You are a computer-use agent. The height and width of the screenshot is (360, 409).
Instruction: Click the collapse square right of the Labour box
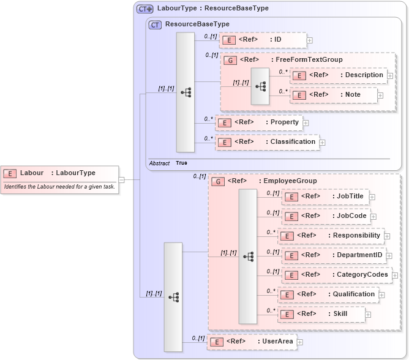click(x=121, y=180)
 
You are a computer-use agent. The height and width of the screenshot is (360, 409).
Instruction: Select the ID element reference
click(x=262, y=40)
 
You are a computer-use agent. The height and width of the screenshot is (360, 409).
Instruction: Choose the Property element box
click(x=259, y=122)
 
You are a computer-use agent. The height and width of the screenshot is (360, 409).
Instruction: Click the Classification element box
click(x=267, y=142)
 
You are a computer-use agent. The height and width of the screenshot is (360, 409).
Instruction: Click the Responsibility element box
click(x=331, y=236)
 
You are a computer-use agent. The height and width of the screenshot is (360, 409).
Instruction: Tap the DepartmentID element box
click(x=334, y=255)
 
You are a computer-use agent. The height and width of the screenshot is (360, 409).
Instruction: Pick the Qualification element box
click(x=328, y=294)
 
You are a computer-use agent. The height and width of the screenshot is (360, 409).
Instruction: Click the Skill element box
click(x=321, y=314)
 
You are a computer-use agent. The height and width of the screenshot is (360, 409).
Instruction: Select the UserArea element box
click(x=252, y=342)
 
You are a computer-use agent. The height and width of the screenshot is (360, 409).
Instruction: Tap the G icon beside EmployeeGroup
click(x=217, y=181)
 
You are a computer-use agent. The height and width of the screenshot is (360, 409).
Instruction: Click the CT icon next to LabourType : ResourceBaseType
click(x=144, y=9)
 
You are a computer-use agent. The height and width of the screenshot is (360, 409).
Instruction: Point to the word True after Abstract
click(x=181, y=163)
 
